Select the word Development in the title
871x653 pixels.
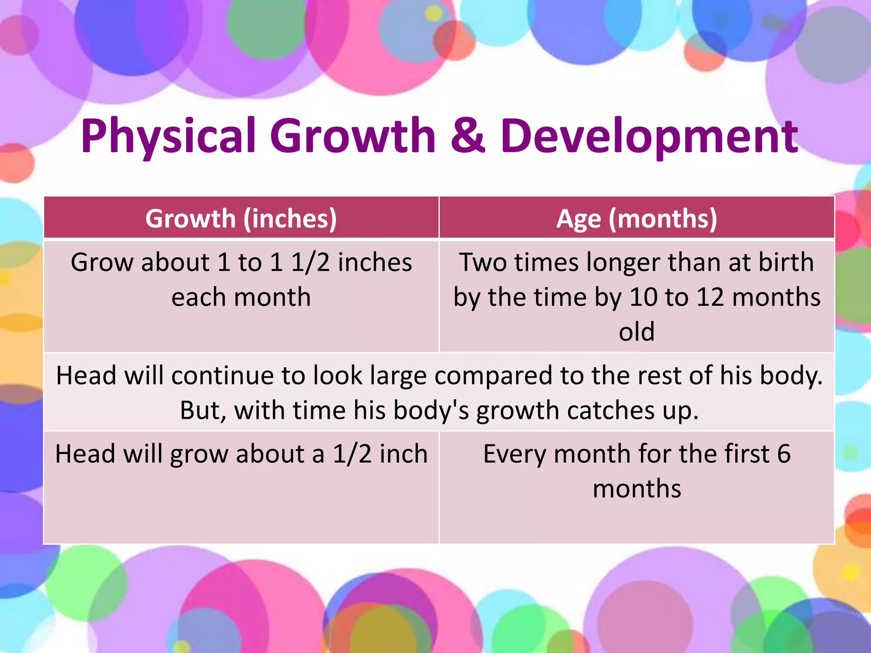pyautogui.click(x=649, y=136)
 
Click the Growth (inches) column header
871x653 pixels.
pyautogui.click(x=241, y=219)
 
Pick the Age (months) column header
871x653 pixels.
pyautogui.click(x=637, y=219)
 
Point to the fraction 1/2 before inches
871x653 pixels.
pyautogui.click(x=310, y=262)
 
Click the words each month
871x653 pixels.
pyautogui.click(x=241, y=297)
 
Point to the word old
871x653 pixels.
pyautogui.click(x=637, y=332)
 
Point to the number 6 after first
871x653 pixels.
pyautogui.click(x=784, y=454)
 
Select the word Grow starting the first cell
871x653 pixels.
pyautogui.click(x=102, y=262)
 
